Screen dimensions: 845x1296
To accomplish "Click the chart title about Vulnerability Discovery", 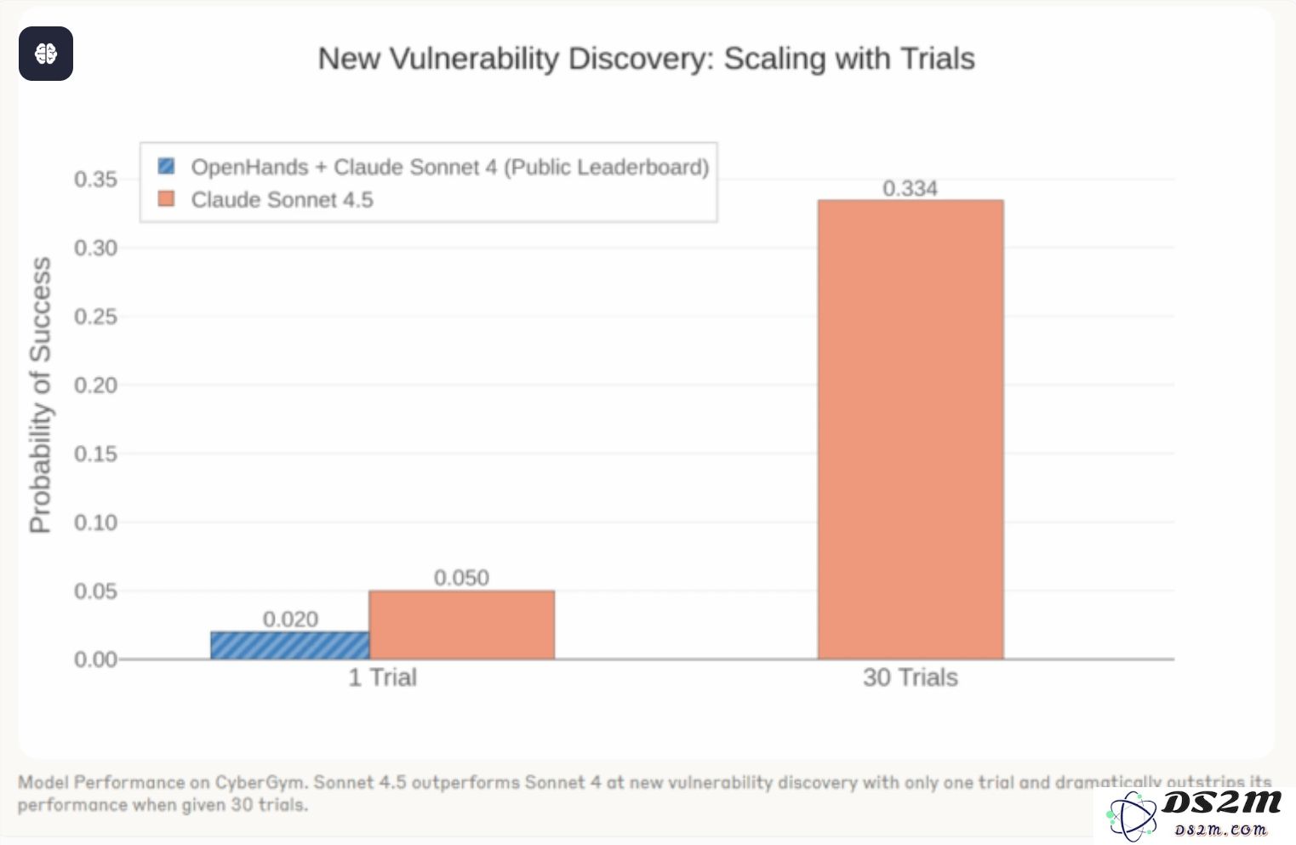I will point(646,59).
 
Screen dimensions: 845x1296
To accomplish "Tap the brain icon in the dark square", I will point(46,54).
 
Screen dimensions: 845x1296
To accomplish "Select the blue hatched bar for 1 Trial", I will point(290,645).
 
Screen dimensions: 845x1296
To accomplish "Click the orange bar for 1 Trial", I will point(461,625).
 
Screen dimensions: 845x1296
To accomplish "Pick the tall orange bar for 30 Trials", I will point(911,430).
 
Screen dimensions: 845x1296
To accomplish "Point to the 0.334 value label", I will point(910,188).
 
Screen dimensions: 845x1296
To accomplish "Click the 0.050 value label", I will point(461,578).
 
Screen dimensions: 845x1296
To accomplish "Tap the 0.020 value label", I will point(290,619).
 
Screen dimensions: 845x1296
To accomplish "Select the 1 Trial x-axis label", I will point(382,677).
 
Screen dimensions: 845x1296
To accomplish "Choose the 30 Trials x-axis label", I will point(910,677).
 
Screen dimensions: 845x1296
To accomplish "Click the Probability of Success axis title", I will point(40,396).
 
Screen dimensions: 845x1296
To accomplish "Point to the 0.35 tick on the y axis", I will point(95,180).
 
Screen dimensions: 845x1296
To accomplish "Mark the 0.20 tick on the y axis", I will point(95,385).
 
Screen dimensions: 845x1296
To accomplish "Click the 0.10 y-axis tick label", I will point(95,522).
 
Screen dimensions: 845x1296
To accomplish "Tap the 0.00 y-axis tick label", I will point(95,659).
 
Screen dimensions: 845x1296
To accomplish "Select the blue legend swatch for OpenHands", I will point(167,166).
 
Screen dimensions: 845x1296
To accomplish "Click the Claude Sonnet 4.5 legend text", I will point(282,200).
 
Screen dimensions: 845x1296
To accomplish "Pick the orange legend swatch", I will point(167,199).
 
